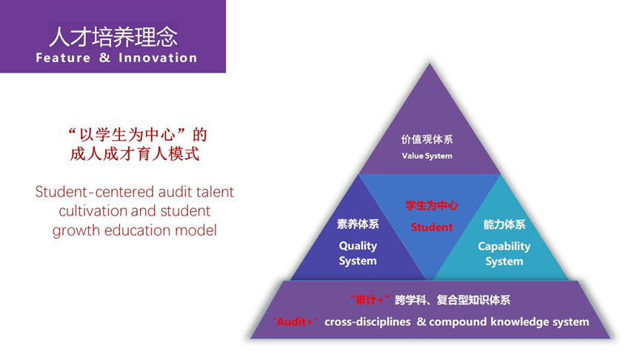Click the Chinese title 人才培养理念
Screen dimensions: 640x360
(x=113, y=37)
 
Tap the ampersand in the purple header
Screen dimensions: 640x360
(x=105, y=58)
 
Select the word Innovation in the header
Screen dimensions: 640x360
(x=158, y=58)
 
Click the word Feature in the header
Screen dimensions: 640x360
(x=63, y=58)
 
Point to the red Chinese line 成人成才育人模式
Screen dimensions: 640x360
(x=135, y=154)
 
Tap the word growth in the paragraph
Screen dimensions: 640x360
(x=76, y=230)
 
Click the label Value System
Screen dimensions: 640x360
(x=427, y=156)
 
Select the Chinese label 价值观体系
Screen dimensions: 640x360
(x=427, y=139)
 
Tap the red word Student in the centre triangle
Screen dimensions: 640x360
(x=432, y=227)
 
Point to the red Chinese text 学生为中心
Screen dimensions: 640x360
(x=432, y=205)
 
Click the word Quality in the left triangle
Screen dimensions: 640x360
(x=358, y=246)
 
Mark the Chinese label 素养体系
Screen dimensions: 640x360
(x=358, y=224)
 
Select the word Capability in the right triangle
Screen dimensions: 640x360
(x=504, y=247)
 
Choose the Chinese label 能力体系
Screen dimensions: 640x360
(x=504, y=224)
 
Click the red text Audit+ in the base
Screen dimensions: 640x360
(x=295, y=322)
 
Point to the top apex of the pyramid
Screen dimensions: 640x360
(x=430, y=63)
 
